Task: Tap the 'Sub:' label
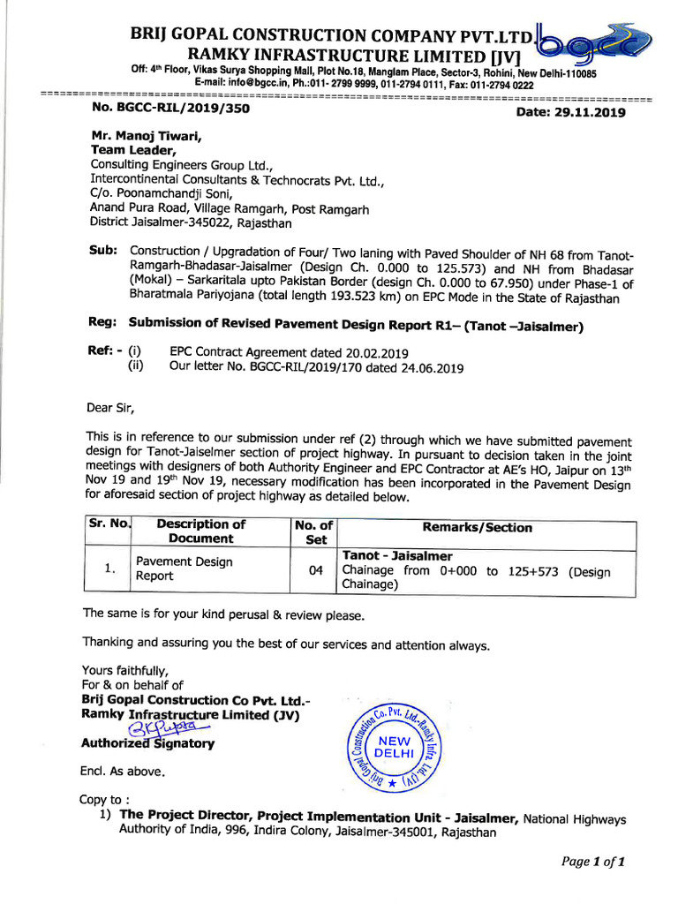click(x=103, y=251)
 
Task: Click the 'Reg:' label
click(x=103, y=321)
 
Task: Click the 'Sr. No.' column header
click(x=109, y=524)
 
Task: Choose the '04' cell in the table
click(x=315, y=570)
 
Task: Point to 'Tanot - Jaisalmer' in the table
click(x=397, y=555)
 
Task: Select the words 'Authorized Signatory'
click(x=147, y=743)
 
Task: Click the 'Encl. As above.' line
click(x=122, y=771)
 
